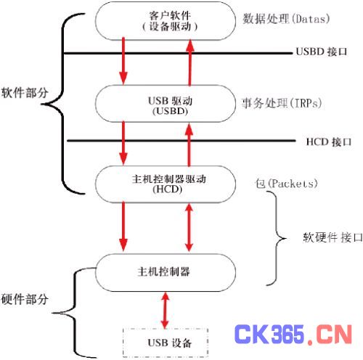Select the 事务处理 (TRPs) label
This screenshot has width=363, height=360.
click(279, 102)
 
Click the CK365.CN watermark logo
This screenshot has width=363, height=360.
click(290, 335)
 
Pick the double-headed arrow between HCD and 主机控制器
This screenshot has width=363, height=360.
click(191, 226)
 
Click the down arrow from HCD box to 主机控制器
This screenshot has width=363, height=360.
click(124, 226)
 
